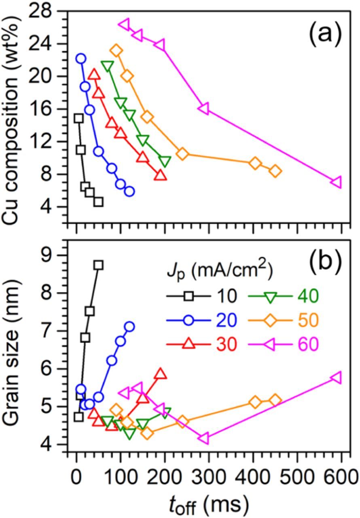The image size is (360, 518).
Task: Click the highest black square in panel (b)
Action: [98, 265]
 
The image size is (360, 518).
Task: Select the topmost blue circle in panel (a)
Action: [80, 59]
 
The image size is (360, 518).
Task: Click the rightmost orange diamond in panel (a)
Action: [275, 171]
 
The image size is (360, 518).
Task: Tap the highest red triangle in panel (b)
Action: [161, 374]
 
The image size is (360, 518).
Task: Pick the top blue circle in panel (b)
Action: [129, 327]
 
